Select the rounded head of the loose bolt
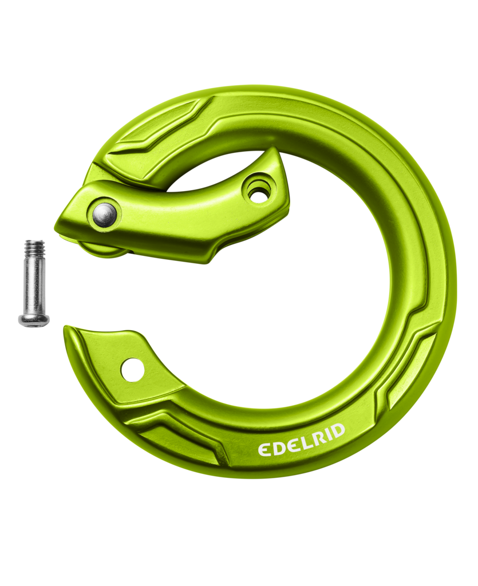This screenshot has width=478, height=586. [33, 320]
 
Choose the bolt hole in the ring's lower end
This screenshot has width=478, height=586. [132, 369]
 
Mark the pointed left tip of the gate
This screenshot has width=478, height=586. [57, 224]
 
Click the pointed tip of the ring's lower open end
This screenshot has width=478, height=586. [65, 328]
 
